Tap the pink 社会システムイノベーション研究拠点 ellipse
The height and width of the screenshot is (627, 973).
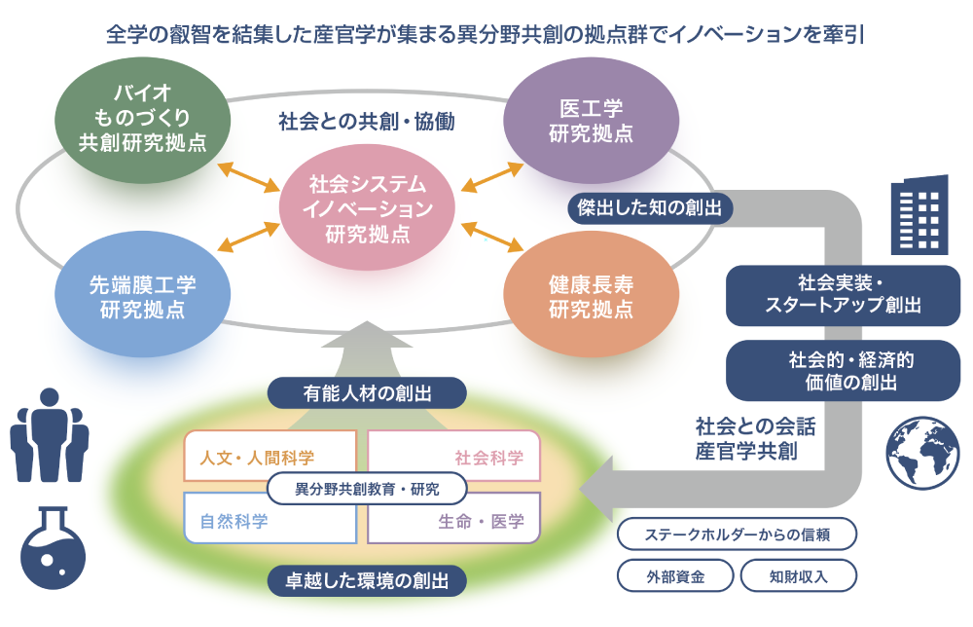click(x=367, y=208)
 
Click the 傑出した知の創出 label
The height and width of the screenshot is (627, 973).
click(x=649, y=206)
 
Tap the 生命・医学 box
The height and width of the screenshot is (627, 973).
click(x=454, y=520)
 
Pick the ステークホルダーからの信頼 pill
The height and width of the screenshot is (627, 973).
click(x=737, y=534)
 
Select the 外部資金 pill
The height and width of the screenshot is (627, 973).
click(x=675, y=575)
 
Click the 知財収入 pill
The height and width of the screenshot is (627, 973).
click(x=798, y=575)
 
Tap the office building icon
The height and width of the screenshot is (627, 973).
click(x=919, y=213)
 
